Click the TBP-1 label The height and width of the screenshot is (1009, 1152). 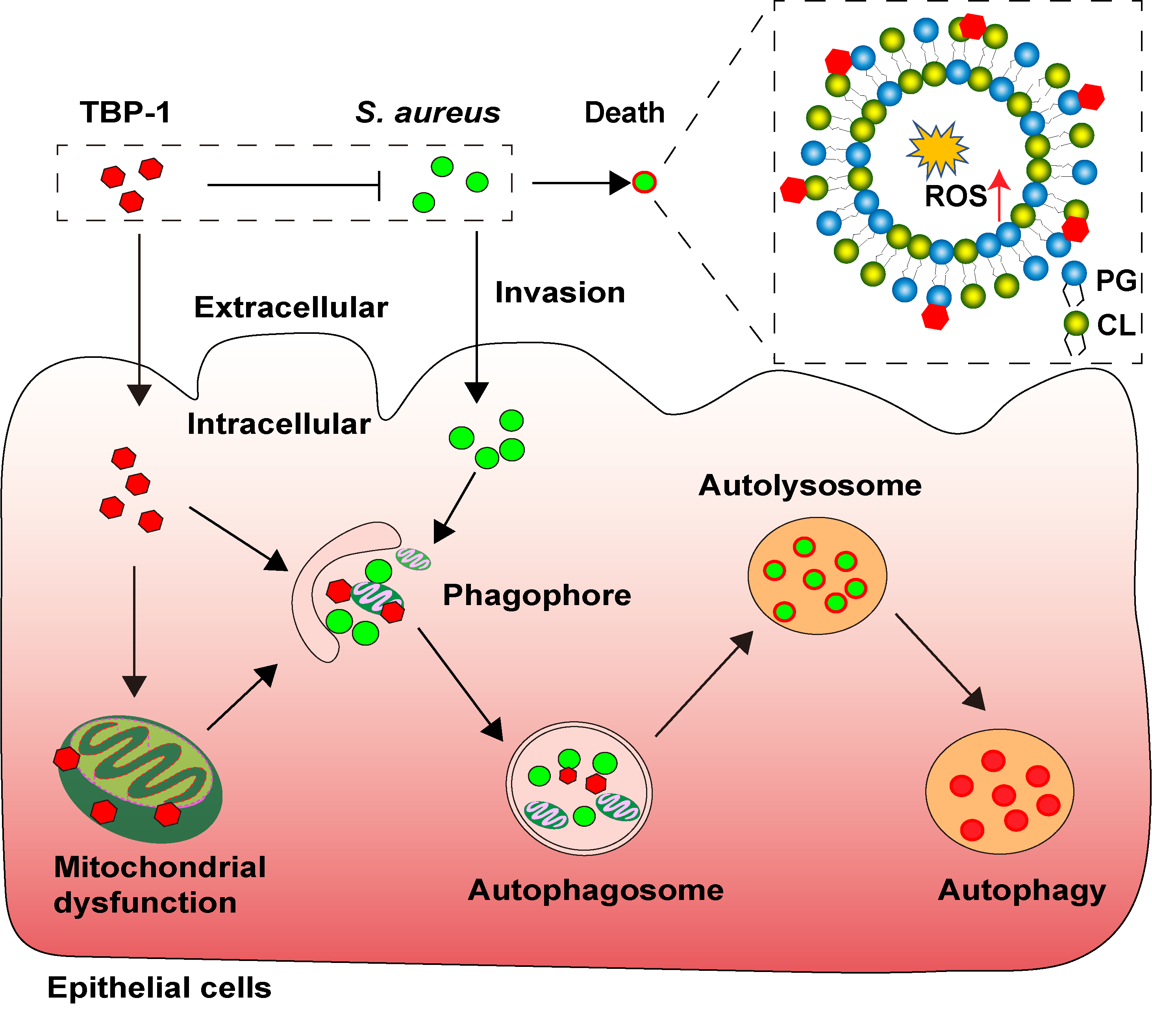(125, 112)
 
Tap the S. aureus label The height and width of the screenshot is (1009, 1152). (428, 113)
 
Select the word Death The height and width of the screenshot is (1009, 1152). (624, 113)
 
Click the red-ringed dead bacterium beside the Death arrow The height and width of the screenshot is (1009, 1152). (644, 182)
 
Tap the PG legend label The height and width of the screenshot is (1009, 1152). (1116, 280)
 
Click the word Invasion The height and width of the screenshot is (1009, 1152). (560, 293)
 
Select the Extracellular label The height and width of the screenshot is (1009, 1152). (291, 307)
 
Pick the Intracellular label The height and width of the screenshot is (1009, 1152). (279, 424)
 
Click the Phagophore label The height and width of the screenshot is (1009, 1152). (537, 595)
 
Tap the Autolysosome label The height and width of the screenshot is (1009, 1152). (809, 485)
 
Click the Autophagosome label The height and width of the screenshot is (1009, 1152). (596, 890)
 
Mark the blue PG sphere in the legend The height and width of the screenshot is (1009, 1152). (1074, 274)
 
